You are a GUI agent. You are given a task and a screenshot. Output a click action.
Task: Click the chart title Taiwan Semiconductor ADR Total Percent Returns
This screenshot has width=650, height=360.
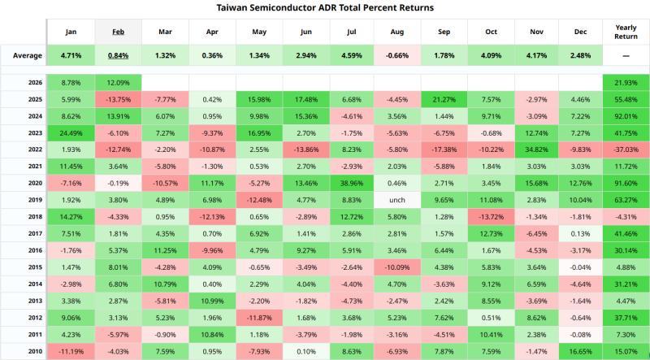pos(325,7)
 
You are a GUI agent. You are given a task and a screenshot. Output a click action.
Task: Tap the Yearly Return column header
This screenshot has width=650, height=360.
pos(626,31)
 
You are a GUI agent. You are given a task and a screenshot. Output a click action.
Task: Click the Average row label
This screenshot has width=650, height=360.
pos(23,55)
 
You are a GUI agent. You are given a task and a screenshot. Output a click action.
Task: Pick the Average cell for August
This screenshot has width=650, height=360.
pos(396,55)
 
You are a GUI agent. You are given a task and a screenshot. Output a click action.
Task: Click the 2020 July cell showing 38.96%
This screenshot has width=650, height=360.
pos(349,184)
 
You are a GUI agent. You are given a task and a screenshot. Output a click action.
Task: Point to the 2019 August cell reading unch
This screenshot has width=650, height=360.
pos(396,201)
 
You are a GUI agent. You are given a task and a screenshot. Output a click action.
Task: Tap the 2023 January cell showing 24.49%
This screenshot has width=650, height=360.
pos(70,132)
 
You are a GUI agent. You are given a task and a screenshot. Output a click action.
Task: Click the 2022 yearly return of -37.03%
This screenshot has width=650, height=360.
pos(626,150)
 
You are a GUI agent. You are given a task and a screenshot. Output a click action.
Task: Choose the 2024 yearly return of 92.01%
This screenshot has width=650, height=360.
pos(626,115)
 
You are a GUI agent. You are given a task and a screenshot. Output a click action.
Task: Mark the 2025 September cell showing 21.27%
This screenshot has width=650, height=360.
pos(443,98)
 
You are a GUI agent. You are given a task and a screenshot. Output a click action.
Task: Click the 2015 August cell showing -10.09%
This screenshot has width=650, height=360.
pos(396,267)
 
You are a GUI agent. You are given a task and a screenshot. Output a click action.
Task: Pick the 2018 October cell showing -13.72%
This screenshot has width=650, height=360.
pos(490,218)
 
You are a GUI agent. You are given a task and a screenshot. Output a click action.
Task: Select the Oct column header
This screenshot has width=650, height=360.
pos(490,31)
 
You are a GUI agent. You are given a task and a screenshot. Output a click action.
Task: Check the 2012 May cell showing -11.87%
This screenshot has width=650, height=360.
pos(259,318)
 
